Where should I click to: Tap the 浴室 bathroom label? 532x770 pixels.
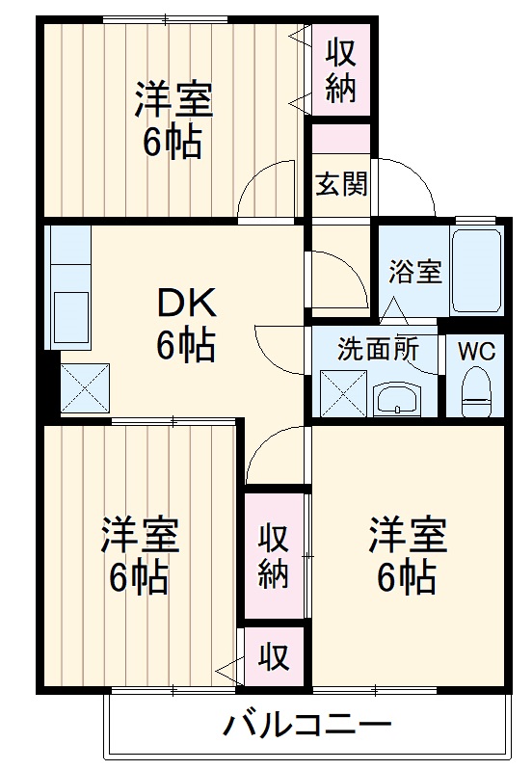(x=415, y=272)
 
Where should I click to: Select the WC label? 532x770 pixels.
(x=476, y=351)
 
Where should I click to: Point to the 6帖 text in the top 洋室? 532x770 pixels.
(x=173, y=143)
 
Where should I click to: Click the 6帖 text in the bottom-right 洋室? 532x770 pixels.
(x=406, y=575)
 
